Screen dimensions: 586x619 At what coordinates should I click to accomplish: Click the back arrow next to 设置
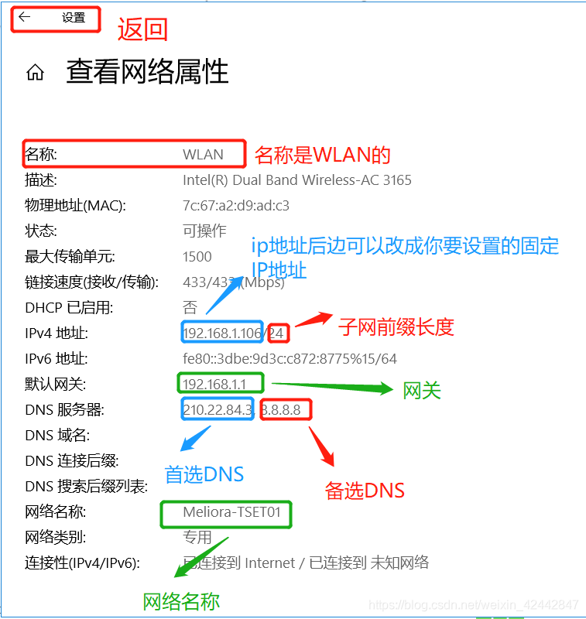click(x=25, y=17)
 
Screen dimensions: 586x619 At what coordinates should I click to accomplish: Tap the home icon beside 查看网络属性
click(x=35, y=74)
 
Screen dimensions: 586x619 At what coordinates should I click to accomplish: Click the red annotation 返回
click(x=142, y=29)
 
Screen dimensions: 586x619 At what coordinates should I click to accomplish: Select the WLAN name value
click(x=203, y=154)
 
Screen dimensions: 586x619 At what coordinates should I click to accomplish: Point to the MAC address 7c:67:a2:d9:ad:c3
click(x=236, y=205)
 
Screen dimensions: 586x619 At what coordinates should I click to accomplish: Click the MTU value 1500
click(x=197, y=256)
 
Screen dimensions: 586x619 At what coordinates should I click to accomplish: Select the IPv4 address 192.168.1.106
click(x=222, y=333)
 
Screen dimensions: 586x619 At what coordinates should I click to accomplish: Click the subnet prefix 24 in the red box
click(x=278, y=333)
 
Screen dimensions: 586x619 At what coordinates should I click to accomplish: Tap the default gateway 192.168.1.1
click(x=214, y=384)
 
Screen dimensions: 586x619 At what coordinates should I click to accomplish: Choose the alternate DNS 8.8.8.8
click(x=286, y=409)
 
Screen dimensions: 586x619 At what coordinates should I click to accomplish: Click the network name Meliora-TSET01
click(x=226, y=511)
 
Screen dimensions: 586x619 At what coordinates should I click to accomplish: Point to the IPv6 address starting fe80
click(x=290, y=358)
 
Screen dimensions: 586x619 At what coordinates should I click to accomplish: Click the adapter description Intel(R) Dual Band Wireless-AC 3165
click(x=297, y=180)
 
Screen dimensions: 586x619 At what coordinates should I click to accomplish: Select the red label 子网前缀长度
click(x=396, y=327)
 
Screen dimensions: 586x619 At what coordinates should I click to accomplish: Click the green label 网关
click(x=422, y=391)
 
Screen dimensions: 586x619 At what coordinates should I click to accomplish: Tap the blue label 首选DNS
click(x=204, y=474)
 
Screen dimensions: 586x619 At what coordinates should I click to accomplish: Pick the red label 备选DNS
click(x=365, y=490)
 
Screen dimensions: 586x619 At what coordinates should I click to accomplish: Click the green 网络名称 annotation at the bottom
click(x=182, y=602)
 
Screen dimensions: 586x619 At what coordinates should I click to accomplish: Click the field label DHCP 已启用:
click(x=69, y=307)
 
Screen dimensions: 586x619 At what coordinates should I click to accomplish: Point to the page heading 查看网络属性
click(x=147, y=72)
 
